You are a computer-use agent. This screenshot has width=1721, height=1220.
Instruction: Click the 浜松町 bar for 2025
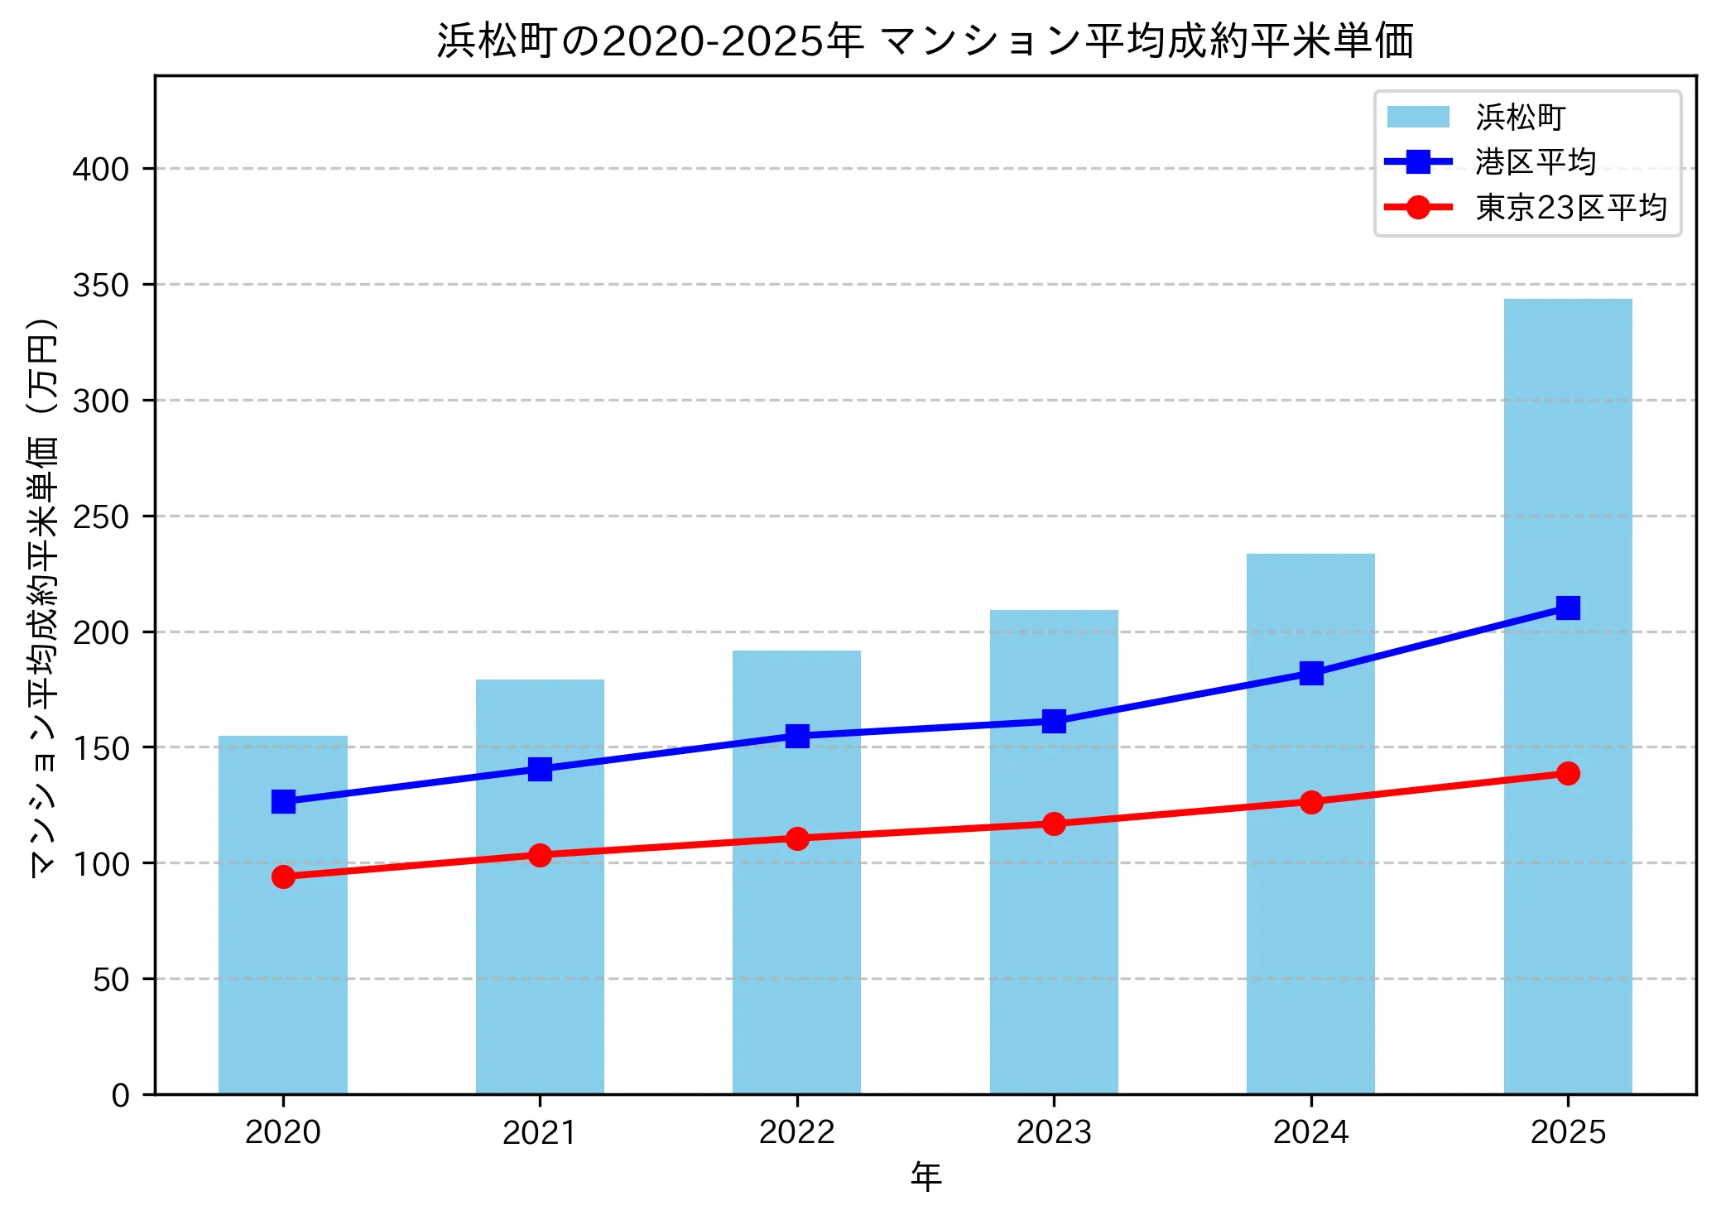[x=1567, y=695]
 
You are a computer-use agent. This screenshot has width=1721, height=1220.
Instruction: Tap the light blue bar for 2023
[x=1053, y=852]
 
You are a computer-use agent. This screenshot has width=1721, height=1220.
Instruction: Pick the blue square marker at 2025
[x=1567, y=608]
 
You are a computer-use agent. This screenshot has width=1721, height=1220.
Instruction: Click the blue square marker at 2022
[x=797, y=736]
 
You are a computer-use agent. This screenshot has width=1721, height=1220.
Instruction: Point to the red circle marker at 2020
[x=283, y=877]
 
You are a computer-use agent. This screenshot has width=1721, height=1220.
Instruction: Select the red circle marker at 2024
[x=1310, y=802]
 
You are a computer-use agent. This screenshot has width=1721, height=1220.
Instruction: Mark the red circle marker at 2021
[x=540, y=855]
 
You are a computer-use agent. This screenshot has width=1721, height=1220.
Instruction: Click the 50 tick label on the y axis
[x=111, y=980]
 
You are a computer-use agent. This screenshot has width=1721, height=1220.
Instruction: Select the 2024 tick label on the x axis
[x=1310, y=1132]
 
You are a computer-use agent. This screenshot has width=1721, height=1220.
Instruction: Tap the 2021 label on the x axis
[x=540, y=1132]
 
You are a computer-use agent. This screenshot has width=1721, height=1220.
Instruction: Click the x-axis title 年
[x=925, y=1176]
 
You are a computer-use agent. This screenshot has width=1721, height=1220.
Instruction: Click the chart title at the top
[x=925, y=41]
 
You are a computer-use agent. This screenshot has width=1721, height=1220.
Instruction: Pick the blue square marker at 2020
[x=283, y=801]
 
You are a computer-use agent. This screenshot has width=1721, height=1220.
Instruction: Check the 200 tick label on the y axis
[x=101, y=633]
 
